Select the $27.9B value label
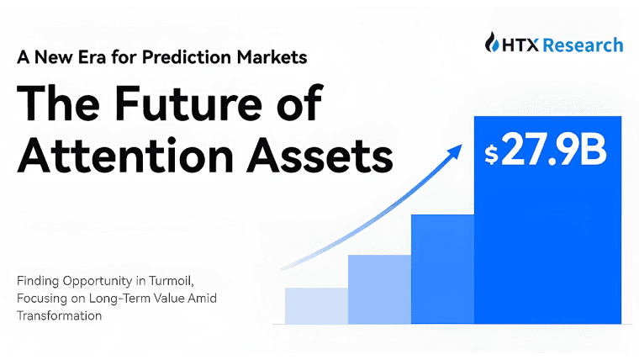click(547, 154)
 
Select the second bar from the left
click(378, 289)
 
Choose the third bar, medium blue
click(441, 269)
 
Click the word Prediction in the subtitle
click(191, 59)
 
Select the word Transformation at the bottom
click(59, 315)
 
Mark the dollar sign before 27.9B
click(491, 156)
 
